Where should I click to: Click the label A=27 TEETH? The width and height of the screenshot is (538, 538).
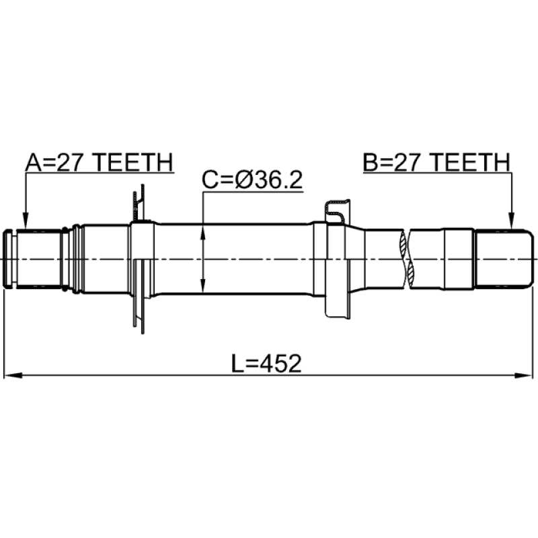[99, 163]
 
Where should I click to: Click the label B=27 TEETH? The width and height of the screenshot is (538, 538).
[436, 163]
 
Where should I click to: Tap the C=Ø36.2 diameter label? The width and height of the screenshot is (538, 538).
[252, 180]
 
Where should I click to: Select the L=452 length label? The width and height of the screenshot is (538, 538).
[266, 364]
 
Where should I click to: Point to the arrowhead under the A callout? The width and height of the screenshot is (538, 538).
[25, 221]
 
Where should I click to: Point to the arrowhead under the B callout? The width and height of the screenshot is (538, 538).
[511, 221]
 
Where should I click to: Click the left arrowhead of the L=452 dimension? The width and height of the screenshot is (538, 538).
[12, 375]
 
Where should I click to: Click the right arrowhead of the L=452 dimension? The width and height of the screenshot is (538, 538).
[525, 375]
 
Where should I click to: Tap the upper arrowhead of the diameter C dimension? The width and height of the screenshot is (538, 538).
[203, 234]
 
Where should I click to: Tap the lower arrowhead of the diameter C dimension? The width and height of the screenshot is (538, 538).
[203, 284]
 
